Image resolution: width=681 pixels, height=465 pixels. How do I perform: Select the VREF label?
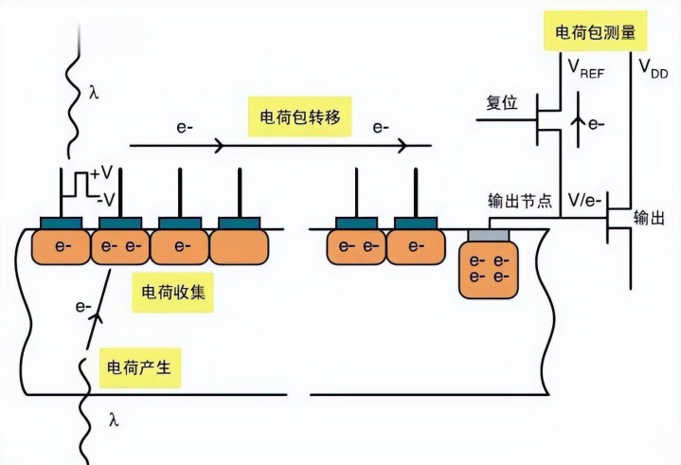[587, 69]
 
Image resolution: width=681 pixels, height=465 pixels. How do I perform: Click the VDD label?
[654, 68]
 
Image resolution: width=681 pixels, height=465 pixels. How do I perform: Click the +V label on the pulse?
[102, 173]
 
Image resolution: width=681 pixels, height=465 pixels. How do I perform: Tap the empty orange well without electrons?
[239, 247]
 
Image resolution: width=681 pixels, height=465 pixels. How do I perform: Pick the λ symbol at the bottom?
[114, 418]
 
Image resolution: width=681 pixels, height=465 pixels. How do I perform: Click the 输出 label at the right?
[649, 219]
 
